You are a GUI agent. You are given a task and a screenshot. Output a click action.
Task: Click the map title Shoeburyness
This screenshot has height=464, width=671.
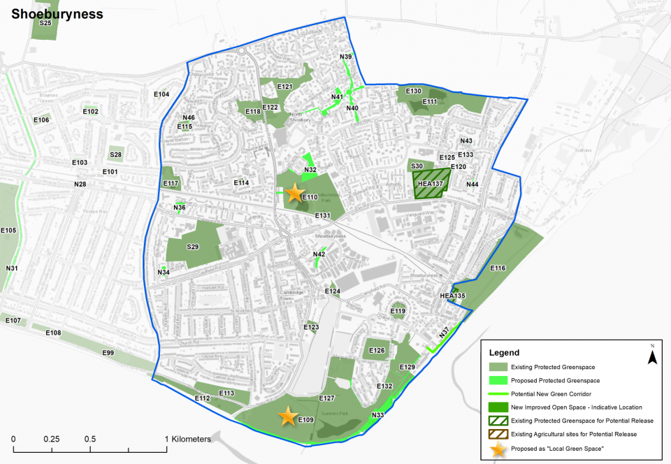57,14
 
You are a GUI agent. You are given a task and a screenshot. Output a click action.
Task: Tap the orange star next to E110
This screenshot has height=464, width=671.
295,193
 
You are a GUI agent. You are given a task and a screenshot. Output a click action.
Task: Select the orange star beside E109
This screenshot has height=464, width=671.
287,416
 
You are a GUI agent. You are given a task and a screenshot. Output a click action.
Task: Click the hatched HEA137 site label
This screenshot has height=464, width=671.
431,184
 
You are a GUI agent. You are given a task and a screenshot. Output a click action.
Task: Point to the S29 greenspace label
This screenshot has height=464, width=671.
193,247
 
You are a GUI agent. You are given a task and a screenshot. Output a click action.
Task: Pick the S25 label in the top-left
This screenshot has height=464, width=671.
46,23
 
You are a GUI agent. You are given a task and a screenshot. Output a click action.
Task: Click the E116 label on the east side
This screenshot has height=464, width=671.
498,268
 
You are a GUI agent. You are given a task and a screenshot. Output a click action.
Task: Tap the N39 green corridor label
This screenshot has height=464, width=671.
345,57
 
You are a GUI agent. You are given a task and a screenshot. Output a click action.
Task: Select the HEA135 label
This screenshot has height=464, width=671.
452,296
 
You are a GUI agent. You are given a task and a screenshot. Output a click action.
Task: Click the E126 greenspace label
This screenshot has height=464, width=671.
377,350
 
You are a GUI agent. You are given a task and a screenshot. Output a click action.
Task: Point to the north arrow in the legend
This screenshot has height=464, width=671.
651,357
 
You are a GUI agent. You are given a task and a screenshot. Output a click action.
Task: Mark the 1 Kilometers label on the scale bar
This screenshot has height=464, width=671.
188,439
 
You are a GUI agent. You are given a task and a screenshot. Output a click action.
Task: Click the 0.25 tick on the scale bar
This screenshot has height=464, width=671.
51,439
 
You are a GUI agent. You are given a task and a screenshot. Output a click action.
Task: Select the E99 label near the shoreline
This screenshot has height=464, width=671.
108,353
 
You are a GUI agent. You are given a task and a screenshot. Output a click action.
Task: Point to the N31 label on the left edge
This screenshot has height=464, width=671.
12,268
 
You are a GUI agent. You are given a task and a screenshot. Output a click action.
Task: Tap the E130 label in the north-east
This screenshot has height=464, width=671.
414,92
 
